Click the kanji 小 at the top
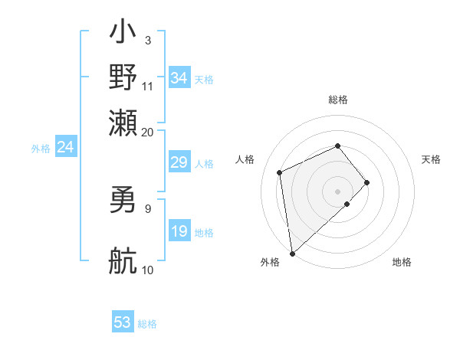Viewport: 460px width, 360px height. tap(123, 34)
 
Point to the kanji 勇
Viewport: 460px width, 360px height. tap(123, 201)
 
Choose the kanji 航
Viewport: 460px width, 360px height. tap(123, 260)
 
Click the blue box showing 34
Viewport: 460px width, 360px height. tap(179, 78)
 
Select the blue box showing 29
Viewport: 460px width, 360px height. tap(179, 162)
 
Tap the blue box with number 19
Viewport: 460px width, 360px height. tap(179, 231)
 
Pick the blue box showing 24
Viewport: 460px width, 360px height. tap(65, 147)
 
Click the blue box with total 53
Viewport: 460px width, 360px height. tap(123, 322)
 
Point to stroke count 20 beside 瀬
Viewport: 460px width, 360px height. tap(147, 132)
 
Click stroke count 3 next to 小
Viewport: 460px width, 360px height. tap(147, 40)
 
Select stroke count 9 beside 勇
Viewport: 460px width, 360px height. tap(147, 208)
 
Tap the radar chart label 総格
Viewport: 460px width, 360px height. tap(337, 100)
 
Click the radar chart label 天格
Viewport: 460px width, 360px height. tap(431, 159)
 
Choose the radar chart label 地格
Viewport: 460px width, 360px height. tap(402, 262)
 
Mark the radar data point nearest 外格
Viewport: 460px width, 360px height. tap(292, 254)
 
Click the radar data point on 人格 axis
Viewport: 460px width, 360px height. tap(280, 172)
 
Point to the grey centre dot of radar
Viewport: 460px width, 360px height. tap(337, 191)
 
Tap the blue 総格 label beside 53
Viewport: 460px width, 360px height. tap(147, 324)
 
